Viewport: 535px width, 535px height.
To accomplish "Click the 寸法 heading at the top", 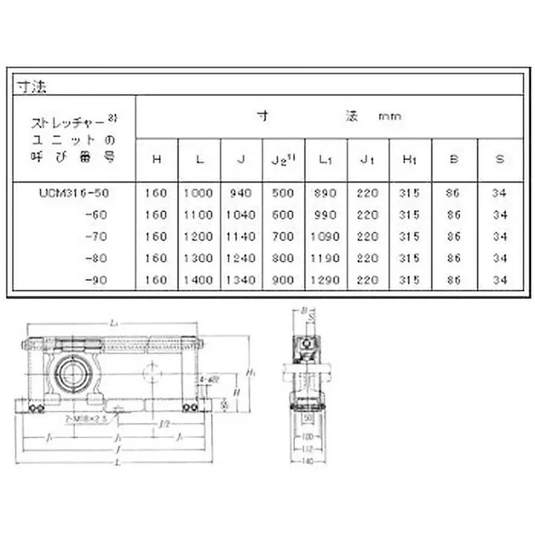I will point(29,86).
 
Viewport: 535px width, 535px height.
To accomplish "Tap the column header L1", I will point(326,159).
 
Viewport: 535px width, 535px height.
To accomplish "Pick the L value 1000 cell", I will point(199,193).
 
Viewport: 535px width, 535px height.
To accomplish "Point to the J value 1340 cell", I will point(241,280).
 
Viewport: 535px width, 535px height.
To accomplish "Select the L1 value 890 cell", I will point(326,193).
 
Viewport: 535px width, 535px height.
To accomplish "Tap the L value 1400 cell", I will point(199,280).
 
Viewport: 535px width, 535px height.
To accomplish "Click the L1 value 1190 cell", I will point(326,258).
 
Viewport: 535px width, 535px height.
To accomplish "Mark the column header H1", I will point(410,159).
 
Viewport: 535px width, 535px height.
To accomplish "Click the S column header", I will point(499,159).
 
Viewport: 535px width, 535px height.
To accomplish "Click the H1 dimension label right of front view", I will point(248,372).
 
